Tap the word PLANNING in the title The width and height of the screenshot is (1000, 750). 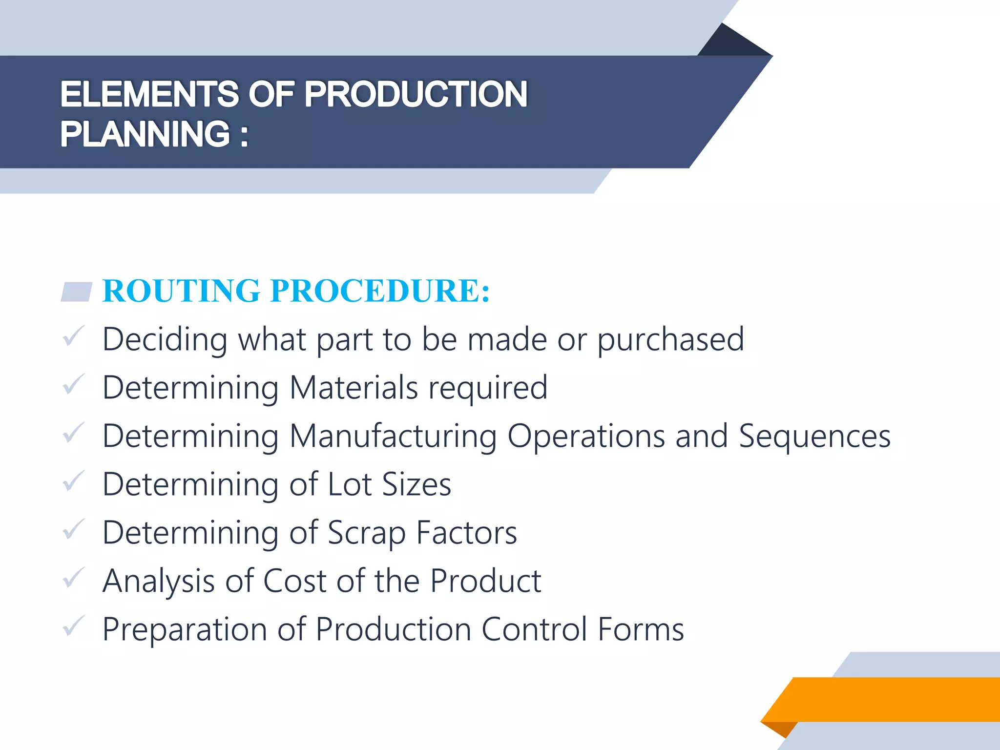(x=145, y=134)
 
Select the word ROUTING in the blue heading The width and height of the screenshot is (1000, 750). (x=181, y=291)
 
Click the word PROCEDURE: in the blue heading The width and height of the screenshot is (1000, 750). (x=380, y=291)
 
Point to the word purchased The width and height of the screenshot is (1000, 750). (x=670, y=340)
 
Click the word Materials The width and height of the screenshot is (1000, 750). (x=354, y=388)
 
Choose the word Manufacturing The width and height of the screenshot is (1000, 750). (x=393, y=436)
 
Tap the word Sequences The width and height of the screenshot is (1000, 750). (x=814, y=436)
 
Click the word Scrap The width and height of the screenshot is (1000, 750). (x=366, y=533)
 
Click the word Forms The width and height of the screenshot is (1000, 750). (x=641, y=629)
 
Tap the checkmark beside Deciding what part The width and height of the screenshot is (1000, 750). (x=74, y=337)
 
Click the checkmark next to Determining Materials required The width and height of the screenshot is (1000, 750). (x=74, y=385)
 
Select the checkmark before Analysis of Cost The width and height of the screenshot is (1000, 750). (x=74, y=578)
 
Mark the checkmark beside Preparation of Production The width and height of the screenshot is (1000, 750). (x=74, y=626)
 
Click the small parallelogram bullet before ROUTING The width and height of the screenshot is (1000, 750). (x=77, y=292)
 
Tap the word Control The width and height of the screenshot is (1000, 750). (x=534, y=629)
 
